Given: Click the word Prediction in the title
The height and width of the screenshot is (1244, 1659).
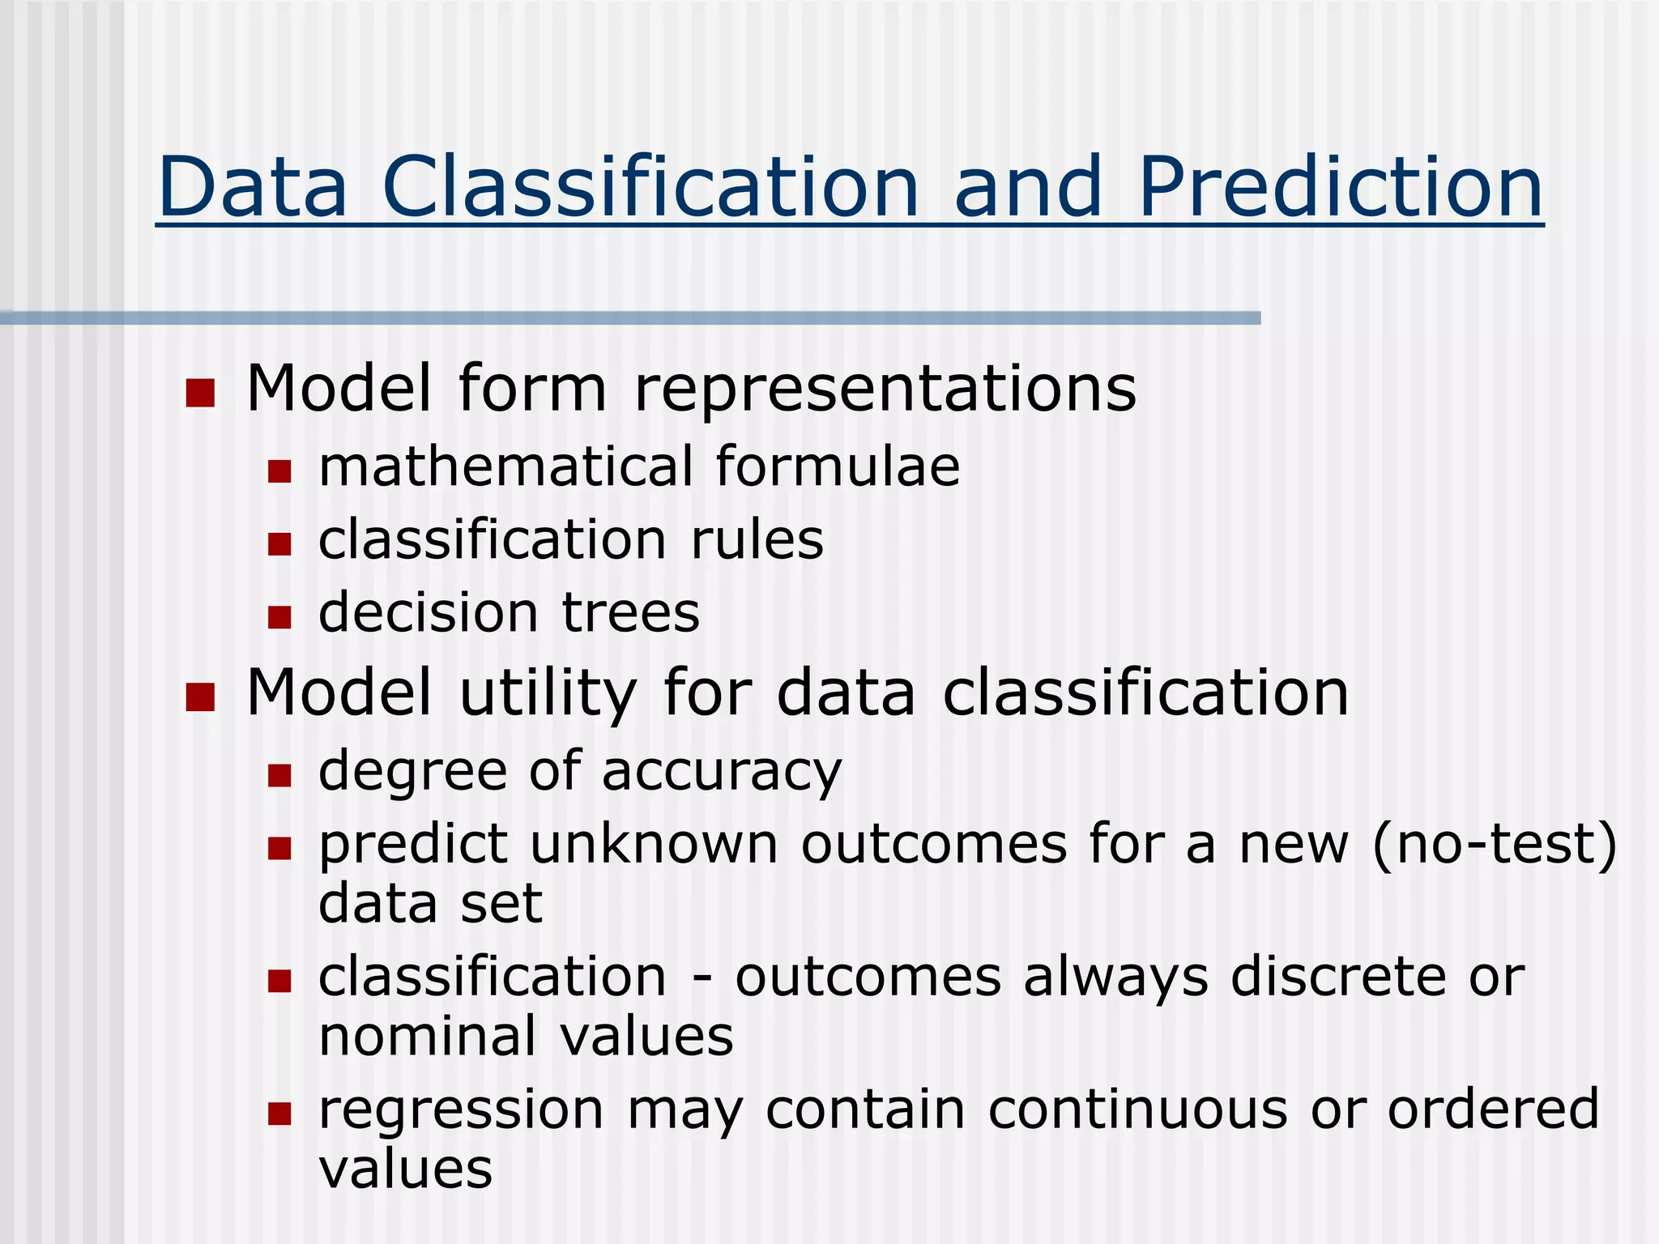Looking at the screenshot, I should [1340, 188].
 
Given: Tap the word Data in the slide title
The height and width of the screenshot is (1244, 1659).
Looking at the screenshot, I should [253, 188].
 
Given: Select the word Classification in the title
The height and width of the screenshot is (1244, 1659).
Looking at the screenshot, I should [650, 188].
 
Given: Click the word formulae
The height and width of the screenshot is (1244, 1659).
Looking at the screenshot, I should [838, 467].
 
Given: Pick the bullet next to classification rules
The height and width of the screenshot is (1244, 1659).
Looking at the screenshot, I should [279, 543].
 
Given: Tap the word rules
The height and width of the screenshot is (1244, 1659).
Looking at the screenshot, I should [757, 540].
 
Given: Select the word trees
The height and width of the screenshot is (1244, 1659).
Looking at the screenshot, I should [630, 613].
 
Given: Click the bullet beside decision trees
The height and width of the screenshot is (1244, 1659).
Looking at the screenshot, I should [279, 617].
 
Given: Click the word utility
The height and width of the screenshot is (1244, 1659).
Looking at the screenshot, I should [548, 694].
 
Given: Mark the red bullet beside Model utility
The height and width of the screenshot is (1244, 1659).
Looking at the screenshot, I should [200, 697].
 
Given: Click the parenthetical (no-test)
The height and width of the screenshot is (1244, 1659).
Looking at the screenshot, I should [1495, 845].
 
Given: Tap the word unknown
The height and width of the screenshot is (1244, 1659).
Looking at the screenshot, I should [654, 845].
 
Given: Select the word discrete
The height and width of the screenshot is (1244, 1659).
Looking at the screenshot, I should [1338, 977].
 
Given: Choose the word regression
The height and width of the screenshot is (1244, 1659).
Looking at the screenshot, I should [461, 1111].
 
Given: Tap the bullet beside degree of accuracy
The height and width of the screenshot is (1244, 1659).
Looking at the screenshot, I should [279, 776].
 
